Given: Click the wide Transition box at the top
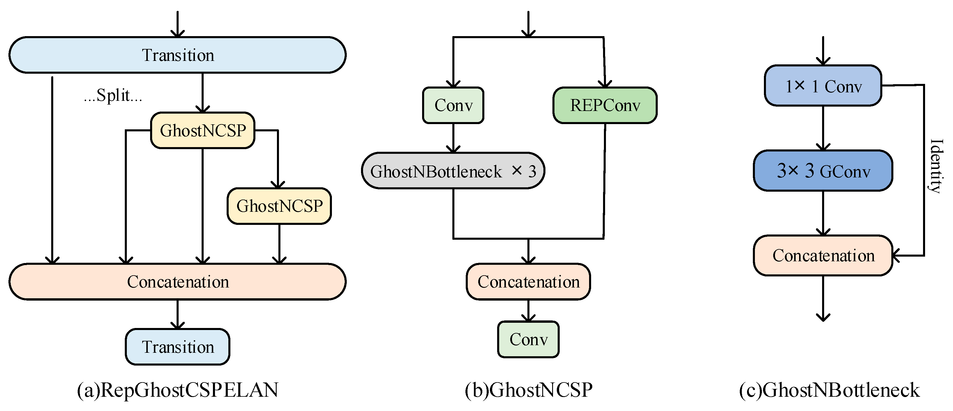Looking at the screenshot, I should click(177, 55).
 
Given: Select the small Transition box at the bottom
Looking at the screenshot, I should click(177, 347).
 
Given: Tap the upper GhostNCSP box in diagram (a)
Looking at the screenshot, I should click(203, 130).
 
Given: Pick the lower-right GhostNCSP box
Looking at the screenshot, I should click(279, 206).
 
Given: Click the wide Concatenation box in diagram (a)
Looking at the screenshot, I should click(177, 282).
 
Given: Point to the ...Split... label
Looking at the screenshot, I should click(113, 96).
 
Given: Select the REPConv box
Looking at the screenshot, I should click(605, 105).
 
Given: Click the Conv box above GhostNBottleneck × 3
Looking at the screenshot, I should click(453, 105).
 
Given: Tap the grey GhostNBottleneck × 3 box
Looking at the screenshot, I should click(453, 171).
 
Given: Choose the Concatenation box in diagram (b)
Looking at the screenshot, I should click(528, 282).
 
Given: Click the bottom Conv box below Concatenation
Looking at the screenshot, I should click(528, 339).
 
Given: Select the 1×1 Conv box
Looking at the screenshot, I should click(823, 86).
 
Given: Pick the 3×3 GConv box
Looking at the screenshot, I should click(823, 171).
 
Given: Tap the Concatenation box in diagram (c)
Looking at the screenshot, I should click(823, 255).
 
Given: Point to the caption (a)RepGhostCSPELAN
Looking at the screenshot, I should click(177, 390).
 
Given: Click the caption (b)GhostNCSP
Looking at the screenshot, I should click(528, 390).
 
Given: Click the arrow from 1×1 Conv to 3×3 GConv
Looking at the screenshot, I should click(823, 128).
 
